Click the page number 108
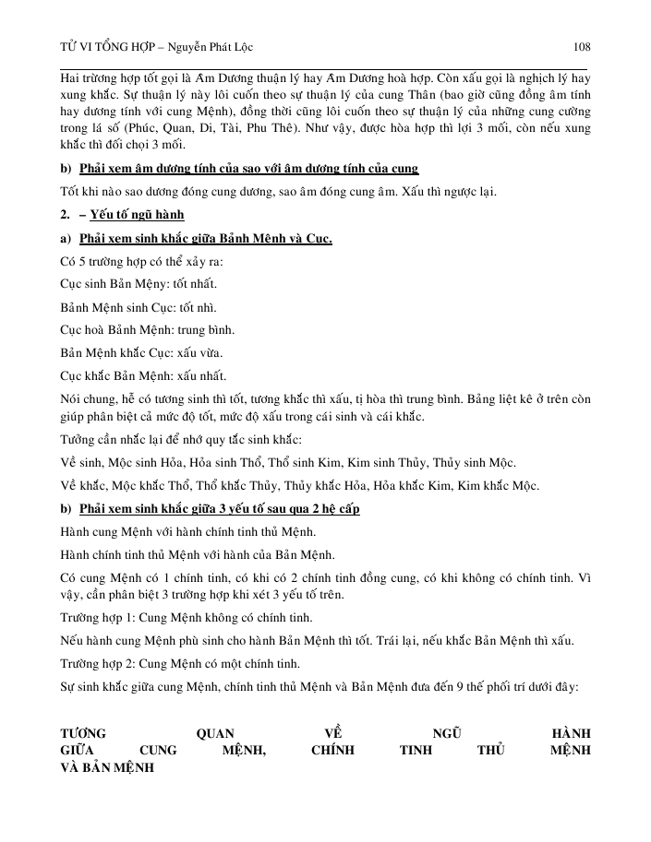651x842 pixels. (x=582, y=47)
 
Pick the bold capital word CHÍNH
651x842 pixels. (x=332, y=751)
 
